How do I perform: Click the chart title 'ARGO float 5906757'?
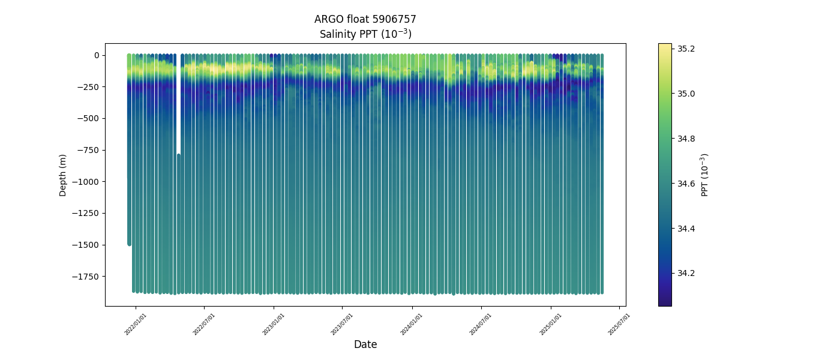365,19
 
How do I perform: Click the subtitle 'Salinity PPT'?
365,34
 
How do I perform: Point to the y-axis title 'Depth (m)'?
63,175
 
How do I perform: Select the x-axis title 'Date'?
365,344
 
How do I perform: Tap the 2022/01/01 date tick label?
136,324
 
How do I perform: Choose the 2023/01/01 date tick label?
274,324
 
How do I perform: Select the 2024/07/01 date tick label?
481,324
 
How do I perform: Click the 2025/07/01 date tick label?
619,324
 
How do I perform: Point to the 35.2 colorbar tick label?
686,49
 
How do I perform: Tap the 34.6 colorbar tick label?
686,184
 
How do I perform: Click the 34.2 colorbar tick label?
686,273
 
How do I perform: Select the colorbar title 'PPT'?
705,175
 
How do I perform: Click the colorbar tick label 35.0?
686,94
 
